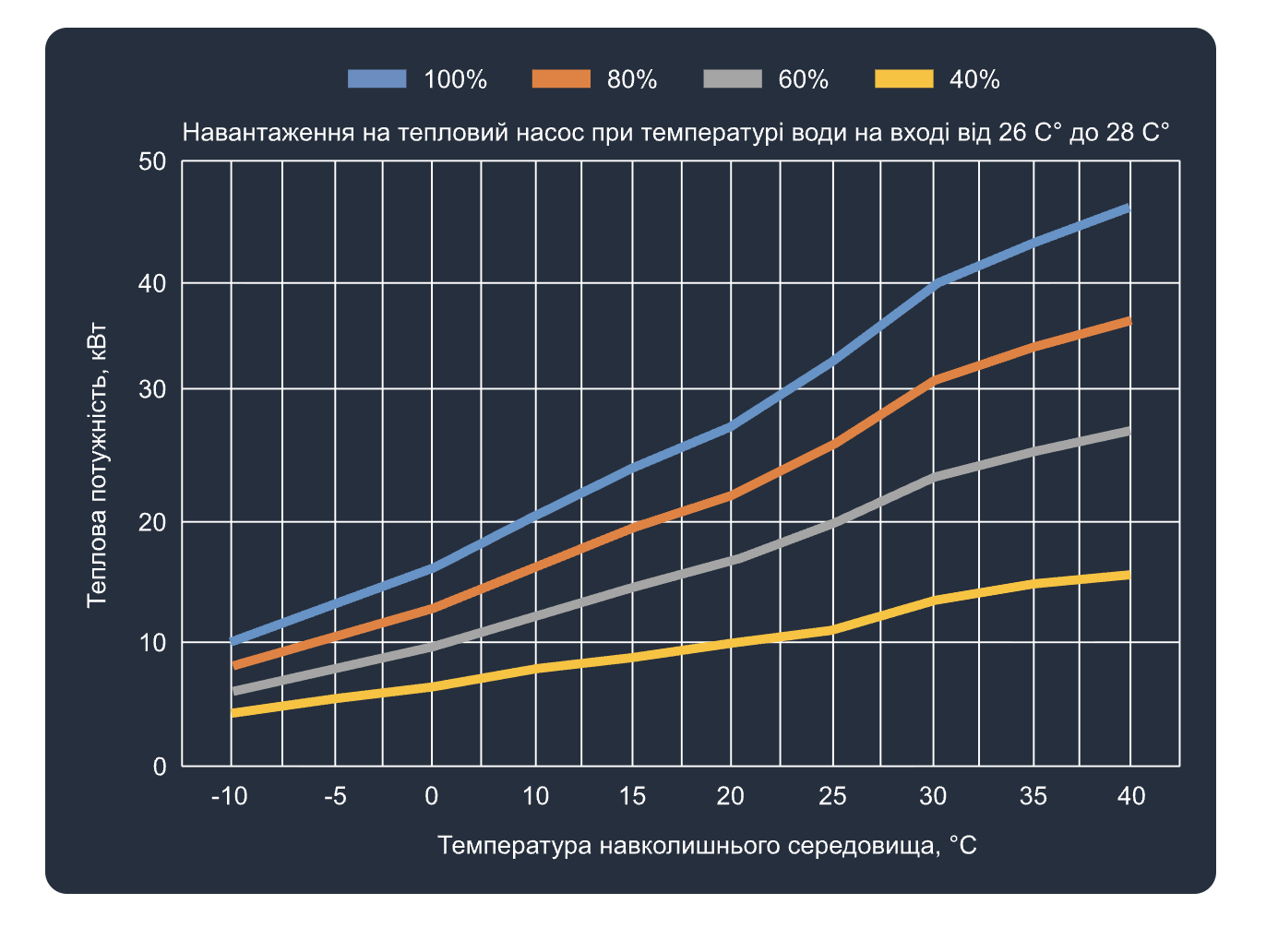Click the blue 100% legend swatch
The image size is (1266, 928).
coord(377,79)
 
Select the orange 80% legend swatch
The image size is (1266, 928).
coord(561,79)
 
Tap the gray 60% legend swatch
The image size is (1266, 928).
coord(733,79)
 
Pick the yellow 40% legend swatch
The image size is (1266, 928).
coord(903,79)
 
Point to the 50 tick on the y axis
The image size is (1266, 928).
coord(152,162)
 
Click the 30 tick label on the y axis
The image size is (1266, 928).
coord(152,389)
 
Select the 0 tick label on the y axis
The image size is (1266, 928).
coord(160,767)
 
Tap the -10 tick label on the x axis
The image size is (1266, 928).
coord(229,796)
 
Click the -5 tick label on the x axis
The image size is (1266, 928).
coord(335,796)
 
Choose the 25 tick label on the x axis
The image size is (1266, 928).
coord(832,796)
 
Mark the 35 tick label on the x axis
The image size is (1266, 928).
coord(1033,796)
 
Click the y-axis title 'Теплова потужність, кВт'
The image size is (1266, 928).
coord(97,466)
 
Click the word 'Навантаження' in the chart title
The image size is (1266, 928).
coord(269,133)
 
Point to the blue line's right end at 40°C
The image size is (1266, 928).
coord(1129,208)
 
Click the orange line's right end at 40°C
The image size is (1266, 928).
coord(1129,320)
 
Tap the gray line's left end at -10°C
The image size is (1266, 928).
coord(233,691)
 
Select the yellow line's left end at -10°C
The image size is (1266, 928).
coord(233,713)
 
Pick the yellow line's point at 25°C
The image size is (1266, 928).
coord(832,630)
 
